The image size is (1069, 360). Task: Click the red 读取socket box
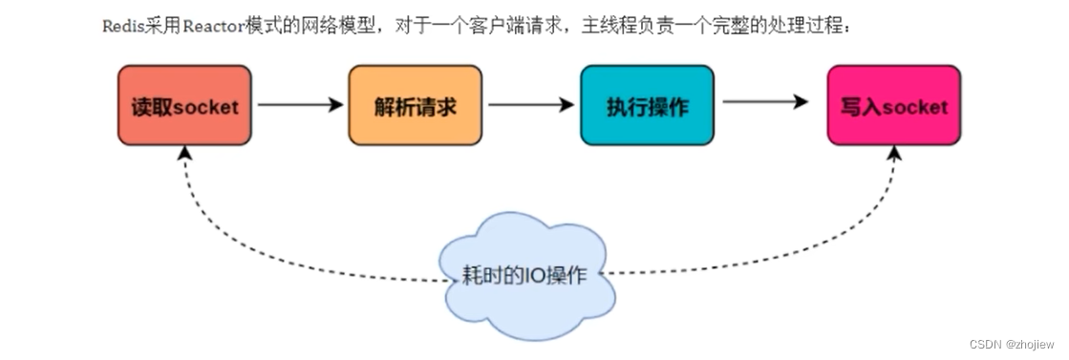tap(184, 105)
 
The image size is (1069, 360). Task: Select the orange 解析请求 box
tap(416, 105)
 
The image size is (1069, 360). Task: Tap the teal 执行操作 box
tap(647, 105)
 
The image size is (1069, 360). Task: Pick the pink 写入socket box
tap(893, 105)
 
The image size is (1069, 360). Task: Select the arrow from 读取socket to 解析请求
tap(299, 105)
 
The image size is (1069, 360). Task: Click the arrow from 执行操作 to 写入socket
tap(765, 102)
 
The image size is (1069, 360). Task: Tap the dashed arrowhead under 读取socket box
tap(183, 153)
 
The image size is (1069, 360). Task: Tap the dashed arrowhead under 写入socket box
tap(896, 153)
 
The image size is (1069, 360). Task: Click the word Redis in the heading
tap(119, 26)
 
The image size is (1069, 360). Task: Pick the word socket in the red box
tap(206, 106)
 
